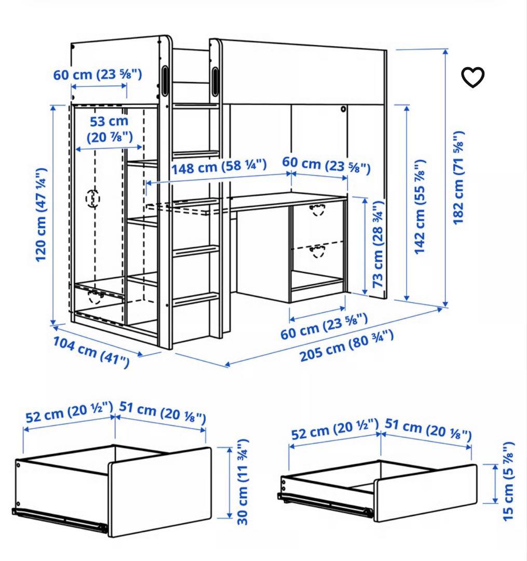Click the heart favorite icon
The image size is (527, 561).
472,77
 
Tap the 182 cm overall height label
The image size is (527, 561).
458,178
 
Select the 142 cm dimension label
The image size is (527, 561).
420,207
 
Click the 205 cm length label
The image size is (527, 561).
346,345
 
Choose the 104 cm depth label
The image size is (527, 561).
91,352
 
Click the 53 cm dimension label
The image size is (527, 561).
110,129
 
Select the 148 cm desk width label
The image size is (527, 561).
219,167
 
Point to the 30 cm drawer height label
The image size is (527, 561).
242,482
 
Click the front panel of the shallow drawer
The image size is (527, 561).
425,492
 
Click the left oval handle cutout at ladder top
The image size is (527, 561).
165,81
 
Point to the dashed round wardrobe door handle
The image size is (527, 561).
92,198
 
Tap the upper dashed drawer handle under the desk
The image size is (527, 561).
317,210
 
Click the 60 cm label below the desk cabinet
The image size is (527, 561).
324,326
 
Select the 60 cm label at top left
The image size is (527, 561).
98,74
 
